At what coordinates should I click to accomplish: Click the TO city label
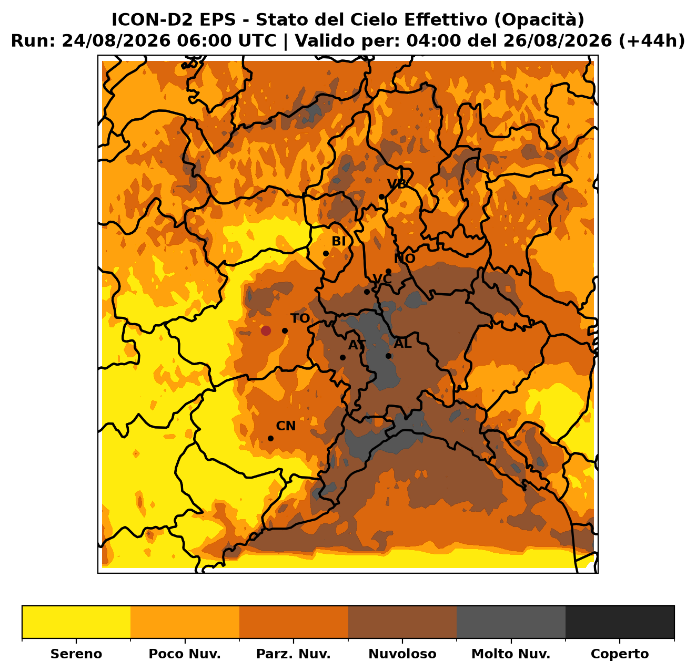click(300, 318)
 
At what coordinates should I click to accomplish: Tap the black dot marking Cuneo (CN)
click(270, 438)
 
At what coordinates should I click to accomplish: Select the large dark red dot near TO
click(265, 330)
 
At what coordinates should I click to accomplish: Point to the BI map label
click(338, 241)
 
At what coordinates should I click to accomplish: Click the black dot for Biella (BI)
click(326, 253)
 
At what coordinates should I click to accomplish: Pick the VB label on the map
click(397, 184)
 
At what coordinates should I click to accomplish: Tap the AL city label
click(402, 343)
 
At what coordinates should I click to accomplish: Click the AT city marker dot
click(342, 357)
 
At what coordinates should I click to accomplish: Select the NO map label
click(404, 259)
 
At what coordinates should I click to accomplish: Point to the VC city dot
click(367, 292)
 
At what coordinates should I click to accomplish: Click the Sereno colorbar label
click(76, 654)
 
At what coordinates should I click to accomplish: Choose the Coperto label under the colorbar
click(620, 654)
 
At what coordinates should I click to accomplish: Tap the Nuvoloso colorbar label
click(402, 654)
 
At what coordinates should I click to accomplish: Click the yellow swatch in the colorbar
click(76, 622)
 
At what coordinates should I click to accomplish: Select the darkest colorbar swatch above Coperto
click(620, 622)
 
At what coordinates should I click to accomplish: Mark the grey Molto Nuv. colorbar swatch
click(511, 622)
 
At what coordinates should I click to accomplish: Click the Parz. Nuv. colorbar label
click(293, 654)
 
